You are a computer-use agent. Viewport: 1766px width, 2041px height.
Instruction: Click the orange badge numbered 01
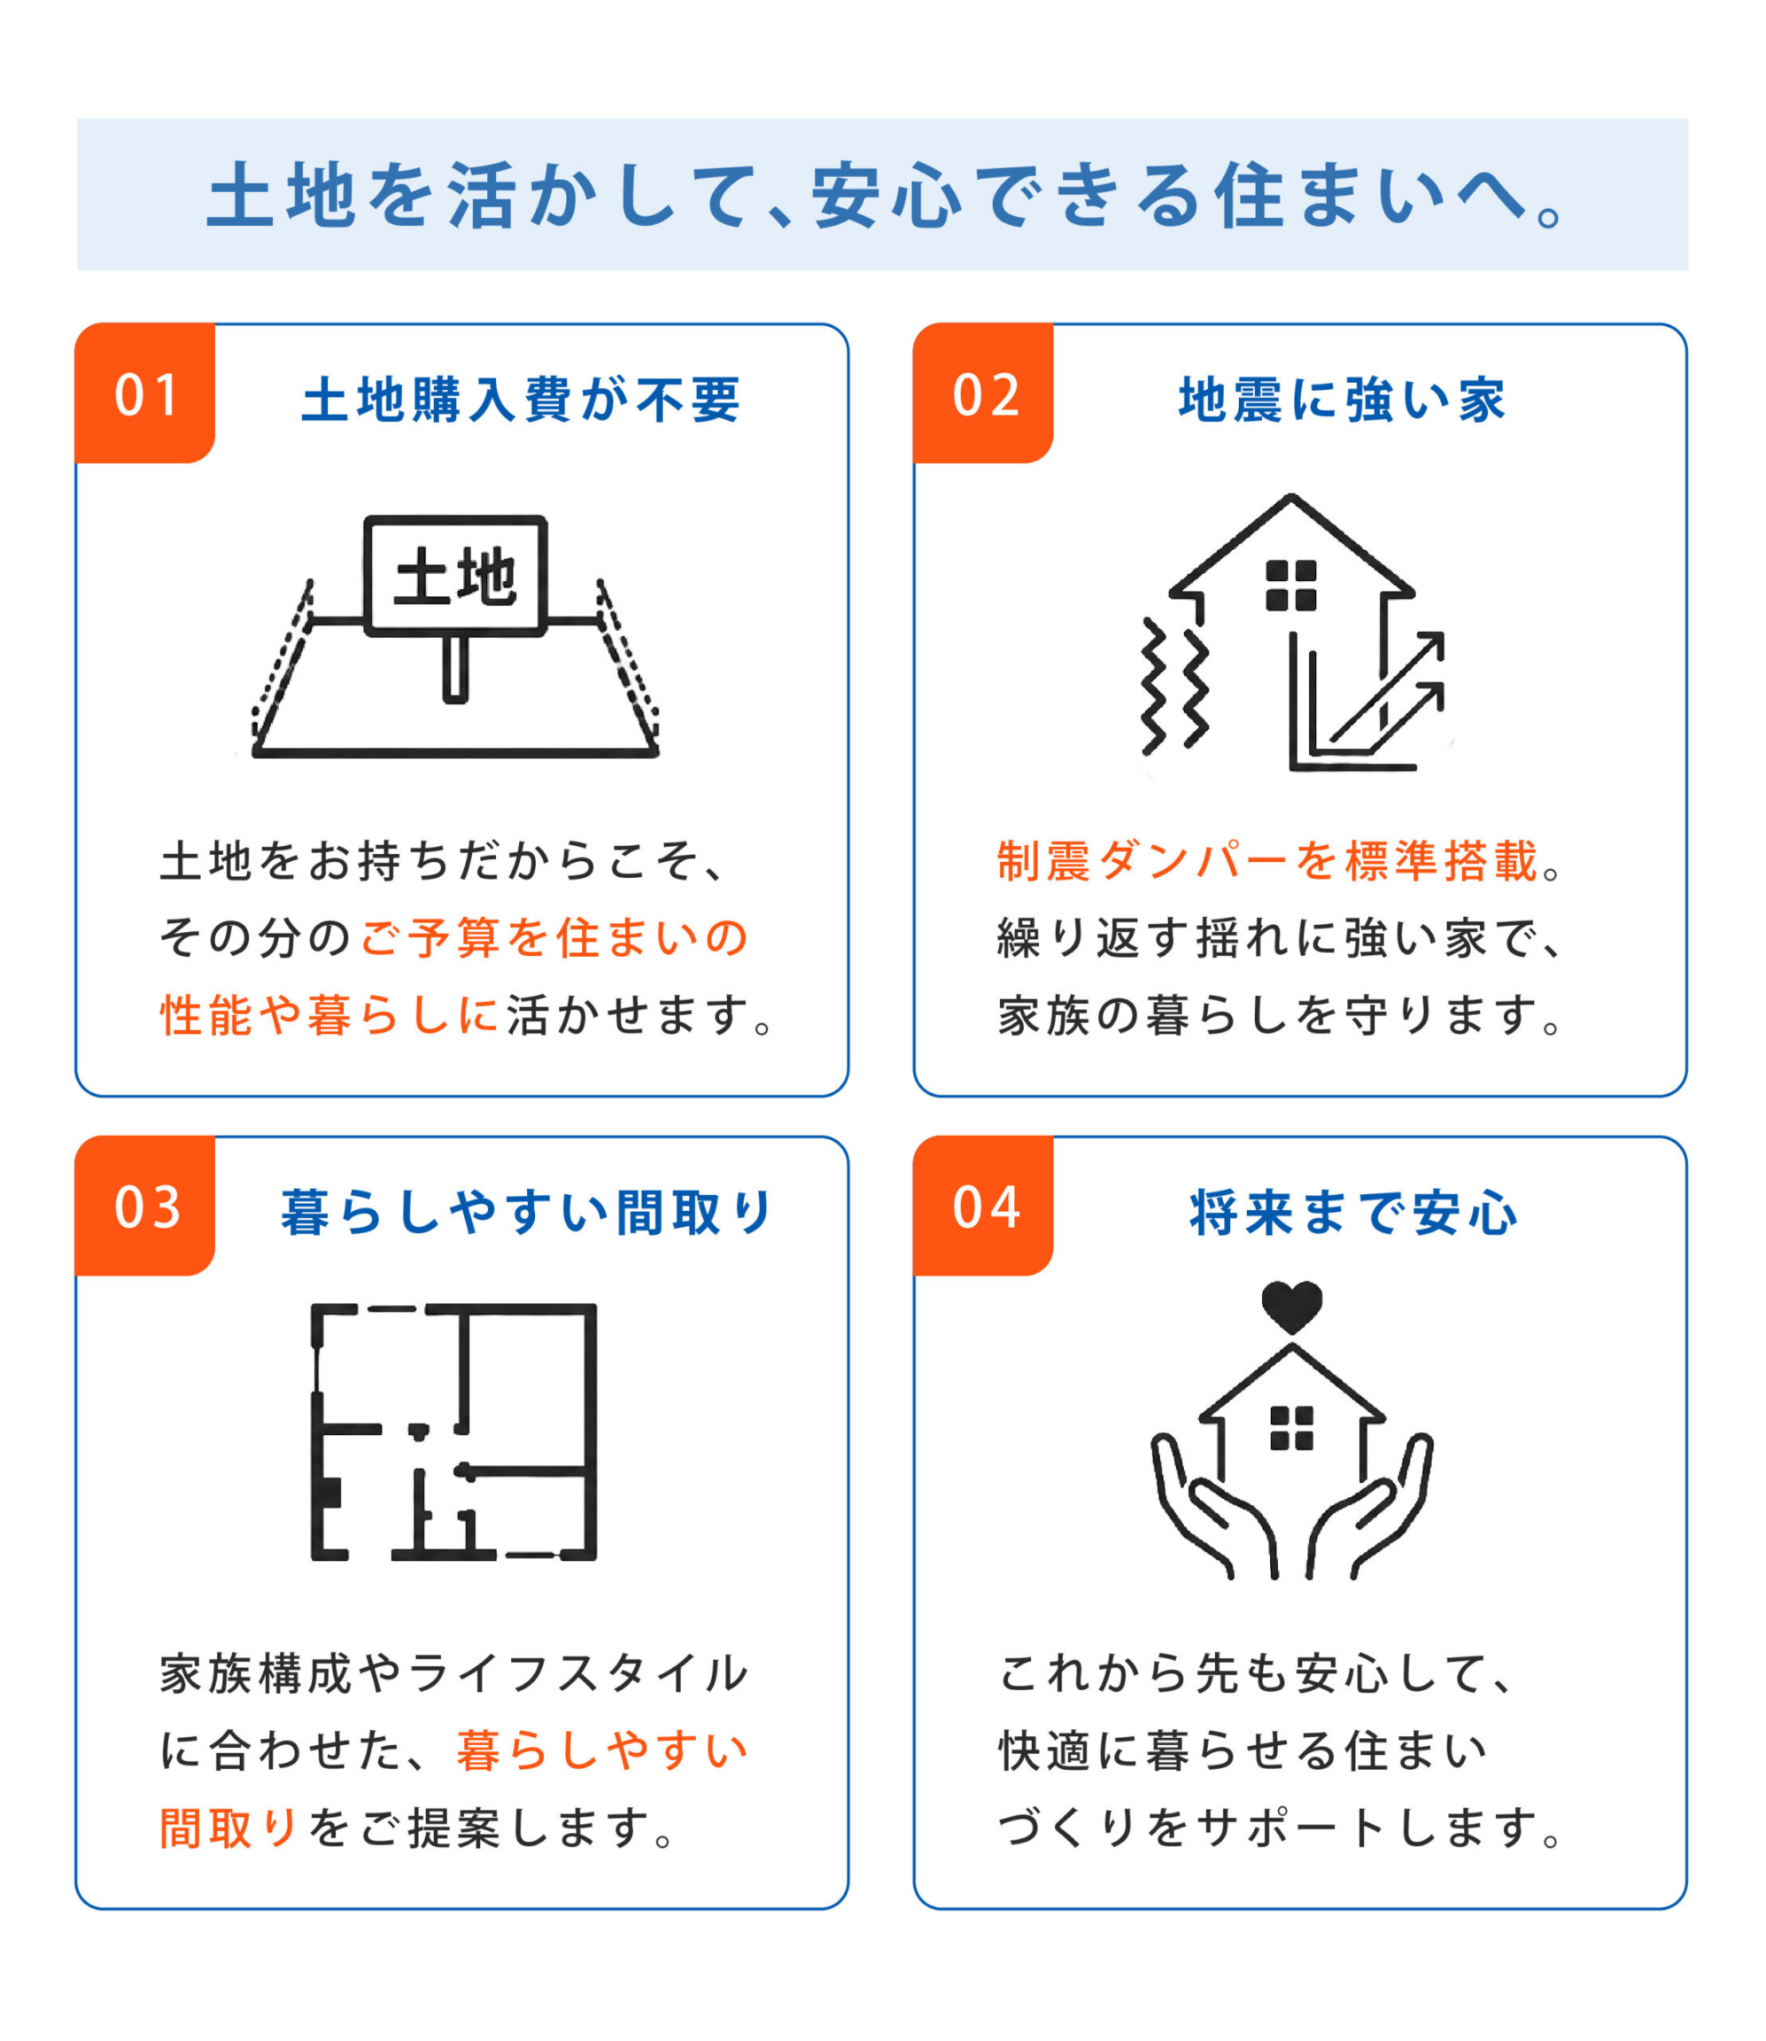coord(145,392)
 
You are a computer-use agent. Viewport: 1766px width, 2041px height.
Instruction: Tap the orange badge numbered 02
coord(982,392)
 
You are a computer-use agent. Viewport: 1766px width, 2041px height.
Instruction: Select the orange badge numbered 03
coord(145,1206)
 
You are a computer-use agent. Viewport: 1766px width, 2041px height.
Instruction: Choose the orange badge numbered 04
coord(982,1206)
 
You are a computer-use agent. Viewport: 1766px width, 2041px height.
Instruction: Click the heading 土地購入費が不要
coord(521,400)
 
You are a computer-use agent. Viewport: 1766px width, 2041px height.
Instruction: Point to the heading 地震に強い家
coord(1343,400)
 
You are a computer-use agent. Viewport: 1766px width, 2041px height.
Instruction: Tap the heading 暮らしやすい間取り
coord(527,1212)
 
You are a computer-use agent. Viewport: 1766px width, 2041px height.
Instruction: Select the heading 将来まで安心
coord(1354,1212)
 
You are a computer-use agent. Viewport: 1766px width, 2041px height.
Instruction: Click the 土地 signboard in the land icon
coord(455,577)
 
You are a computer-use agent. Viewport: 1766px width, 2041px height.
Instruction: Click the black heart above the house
coord(1292,1306)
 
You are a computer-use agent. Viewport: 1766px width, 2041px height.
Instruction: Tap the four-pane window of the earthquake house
coord(1291,586)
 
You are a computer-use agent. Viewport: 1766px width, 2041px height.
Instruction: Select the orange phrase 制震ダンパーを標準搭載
coord(1267,861)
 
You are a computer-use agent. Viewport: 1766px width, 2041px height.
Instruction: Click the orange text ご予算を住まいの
coord(554,937)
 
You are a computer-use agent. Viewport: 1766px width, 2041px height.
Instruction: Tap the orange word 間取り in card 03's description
coord(228,1828)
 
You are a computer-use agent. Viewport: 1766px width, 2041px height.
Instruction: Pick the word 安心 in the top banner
coord(887,195)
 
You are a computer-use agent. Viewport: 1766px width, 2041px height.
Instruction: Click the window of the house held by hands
coord(1292,1429)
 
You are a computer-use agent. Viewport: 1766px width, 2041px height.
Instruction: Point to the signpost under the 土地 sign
coord(455,669)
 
